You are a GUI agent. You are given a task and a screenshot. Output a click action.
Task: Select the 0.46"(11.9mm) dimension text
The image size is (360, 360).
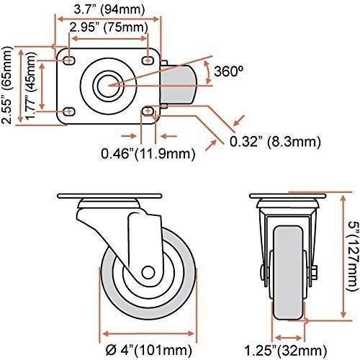point(149,153)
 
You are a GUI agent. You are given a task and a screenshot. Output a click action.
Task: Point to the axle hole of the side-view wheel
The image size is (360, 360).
point(148,273)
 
